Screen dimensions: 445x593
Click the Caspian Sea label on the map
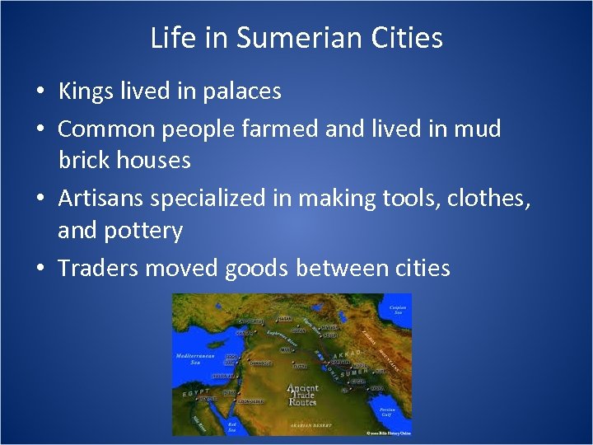[398, 311]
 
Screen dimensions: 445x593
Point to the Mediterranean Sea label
[194, 359]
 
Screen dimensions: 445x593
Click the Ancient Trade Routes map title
[302, 396]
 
